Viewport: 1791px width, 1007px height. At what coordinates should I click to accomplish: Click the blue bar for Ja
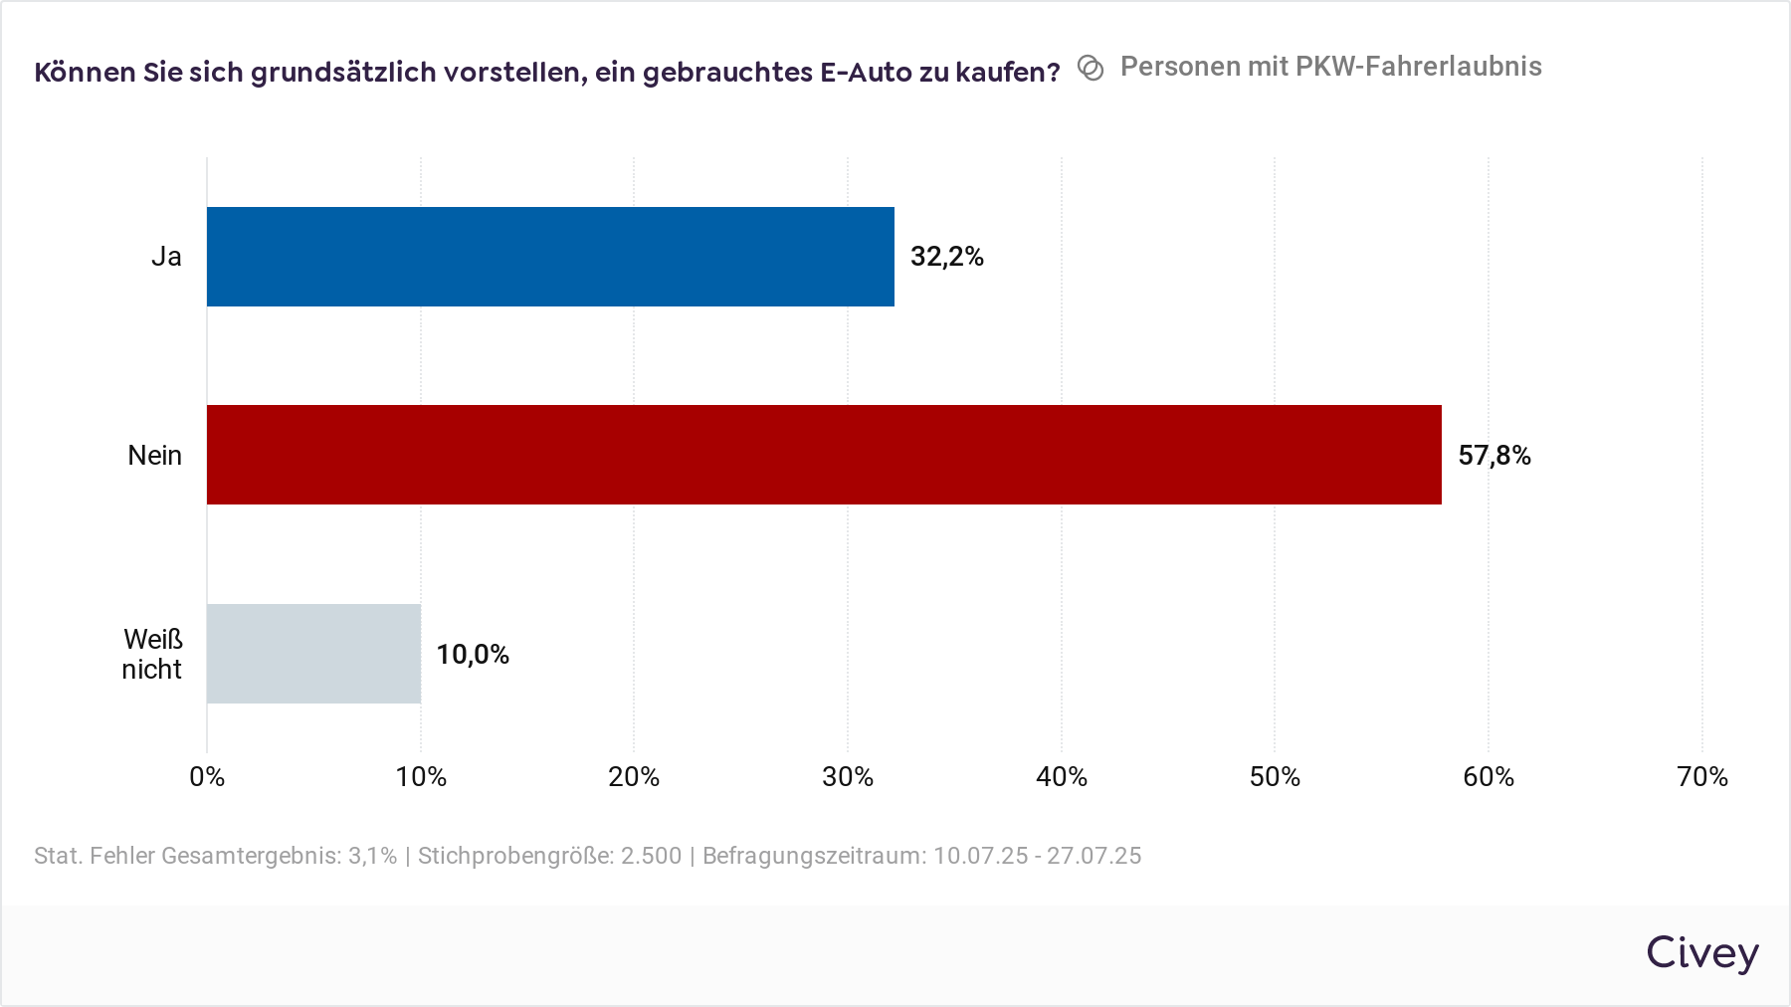click(550, 257)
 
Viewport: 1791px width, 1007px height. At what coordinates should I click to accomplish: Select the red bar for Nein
click(824, 455)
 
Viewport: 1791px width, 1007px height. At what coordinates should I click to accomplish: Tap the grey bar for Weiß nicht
click(313, 654)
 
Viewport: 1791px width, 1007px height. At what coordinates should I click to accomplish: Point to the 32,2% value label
click(946, 257)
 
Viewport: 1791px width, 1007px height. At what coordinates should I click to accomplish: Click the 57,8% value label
click(1493, 456)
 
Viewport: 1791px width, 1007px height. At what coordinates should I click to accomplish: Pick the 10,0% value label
click(473, 655)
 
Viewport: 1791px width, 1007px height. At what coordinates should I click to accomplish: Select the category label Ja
click(166, 257)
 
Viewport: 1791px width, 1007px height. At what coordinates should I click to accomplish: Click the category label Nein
click(154, 456)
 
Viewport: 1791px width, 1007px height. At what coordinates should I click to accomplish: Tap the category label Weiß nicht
click(152, 654)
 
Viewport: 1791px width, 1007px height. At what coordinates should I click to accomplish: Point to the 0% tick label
click(207, 777)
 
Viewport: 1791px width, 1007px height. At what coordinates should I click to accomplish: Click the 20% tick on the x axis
click(634, 777)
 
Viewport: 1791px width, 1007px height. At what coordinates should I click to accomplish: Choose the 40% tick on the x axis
click(1062, 777)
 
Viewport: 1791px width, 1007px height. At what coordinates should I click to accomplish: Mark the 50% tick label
click(1275, 777)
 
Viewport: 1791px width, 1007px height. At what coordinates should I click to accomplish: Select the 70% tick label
click(1702, 777)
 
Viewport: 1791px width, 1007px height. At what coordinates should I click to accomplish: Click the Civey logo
click(1701, 953)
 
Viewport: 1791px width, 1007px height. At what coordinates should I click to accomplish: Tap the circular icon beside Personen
click(1091, 68)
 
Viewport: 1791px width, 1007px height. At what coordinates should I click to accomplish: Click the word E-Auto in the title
click(866, 73)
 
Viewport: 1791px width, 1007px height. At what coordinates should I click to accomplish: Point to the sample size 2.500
click(652, 856)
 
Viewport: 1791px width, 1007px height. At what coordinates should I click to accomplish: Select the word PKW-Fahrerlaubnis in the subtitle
click(1419, 67)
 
